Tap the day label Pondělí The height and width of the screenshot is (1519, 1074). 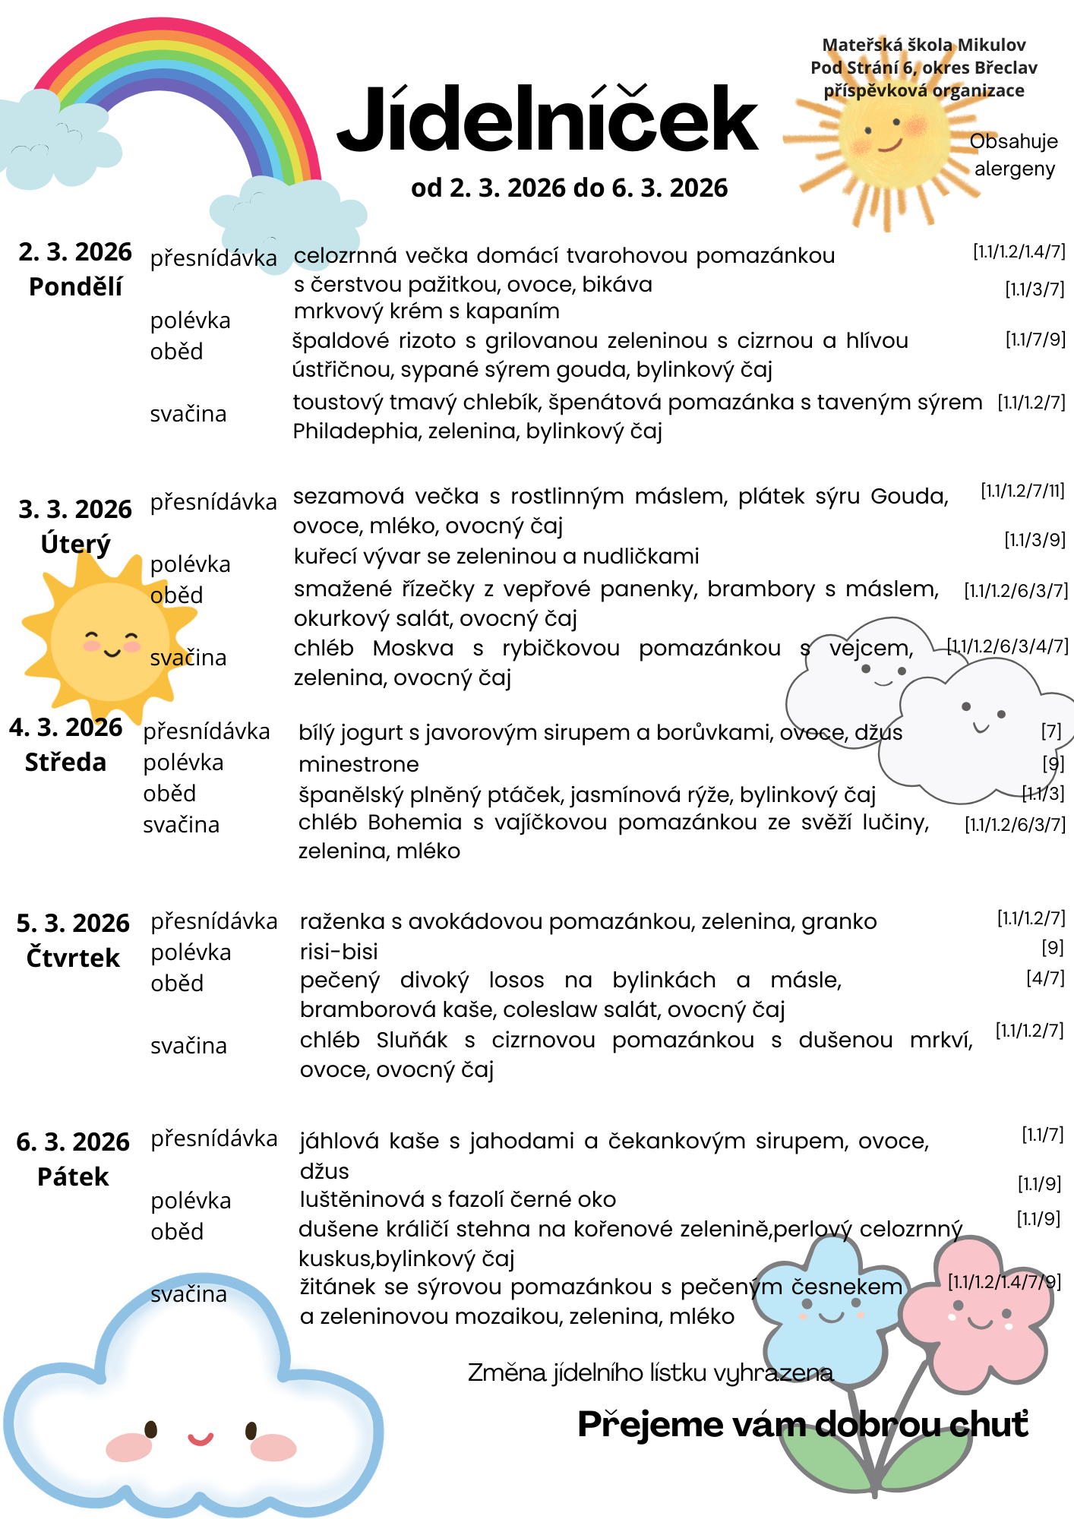[x=75, y=287]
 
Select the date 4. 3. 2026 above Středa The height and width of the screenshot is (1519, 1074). [x=66, y=727]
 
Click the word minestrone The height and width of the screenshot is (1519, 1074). [x=359, y=764]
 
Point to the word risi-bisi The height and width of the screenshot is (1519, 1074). [x=339, y=952]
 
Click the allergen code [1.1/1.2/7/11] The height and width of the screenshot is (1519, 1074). [x=1022, y=491]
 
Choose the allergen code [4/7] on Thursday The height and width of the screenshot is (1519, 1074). [x=1045, y=978]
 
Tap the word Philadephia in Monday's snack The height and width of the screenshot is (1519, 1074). [x=357, y=431]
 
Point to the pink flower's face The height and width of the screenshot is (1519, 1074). [x=981, y=1315]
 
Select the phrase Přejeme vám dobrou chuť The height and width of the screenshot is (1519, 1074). [x=803, y=1424]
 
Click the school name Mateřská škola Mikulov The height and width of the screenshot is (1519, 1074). [x=924, y=46]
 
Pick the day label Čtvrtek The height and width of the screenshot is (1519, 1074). [x=73, y=958]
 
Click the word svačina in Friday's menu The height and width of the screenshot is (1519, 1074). [x=188, y=1294]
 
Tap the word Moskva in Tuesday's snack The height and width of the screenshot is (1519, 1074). [x=413, y=649]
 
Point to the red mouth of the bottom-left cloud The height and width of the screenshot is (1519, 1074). [x=201, y=1438]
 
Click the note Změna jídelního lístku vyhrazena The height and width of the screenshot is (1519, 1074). [x=650, y=1372]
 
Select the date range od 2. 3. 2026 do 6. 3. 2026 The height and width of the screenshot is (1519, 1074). [x=569, y=188]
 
